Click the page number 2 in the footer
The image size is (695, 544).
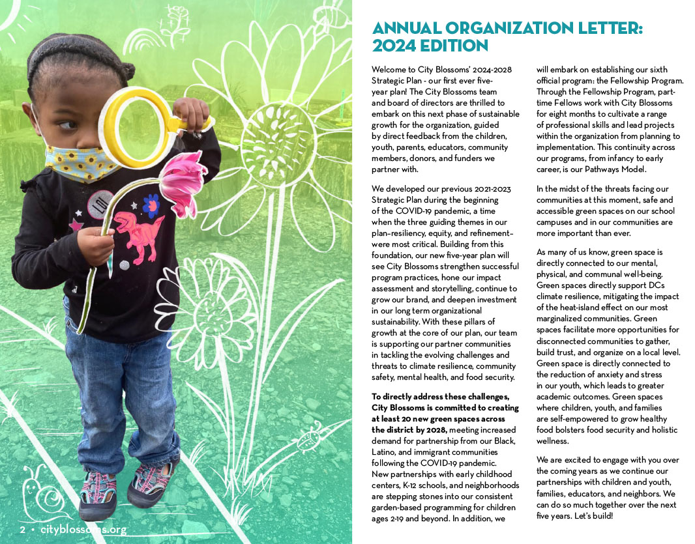(x=22, y=530)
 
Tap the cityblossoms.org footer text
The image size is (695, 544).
(x=83, y=530)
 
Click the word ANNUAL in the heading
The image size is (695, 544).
(x=406, y=29)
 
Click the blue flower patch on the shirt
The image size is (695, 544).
(x=151, y=205)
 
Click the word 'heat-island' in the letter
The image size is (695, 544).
(x=590, y=307)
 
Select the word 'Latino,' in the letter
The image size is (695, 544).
(x=385, y=451)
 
